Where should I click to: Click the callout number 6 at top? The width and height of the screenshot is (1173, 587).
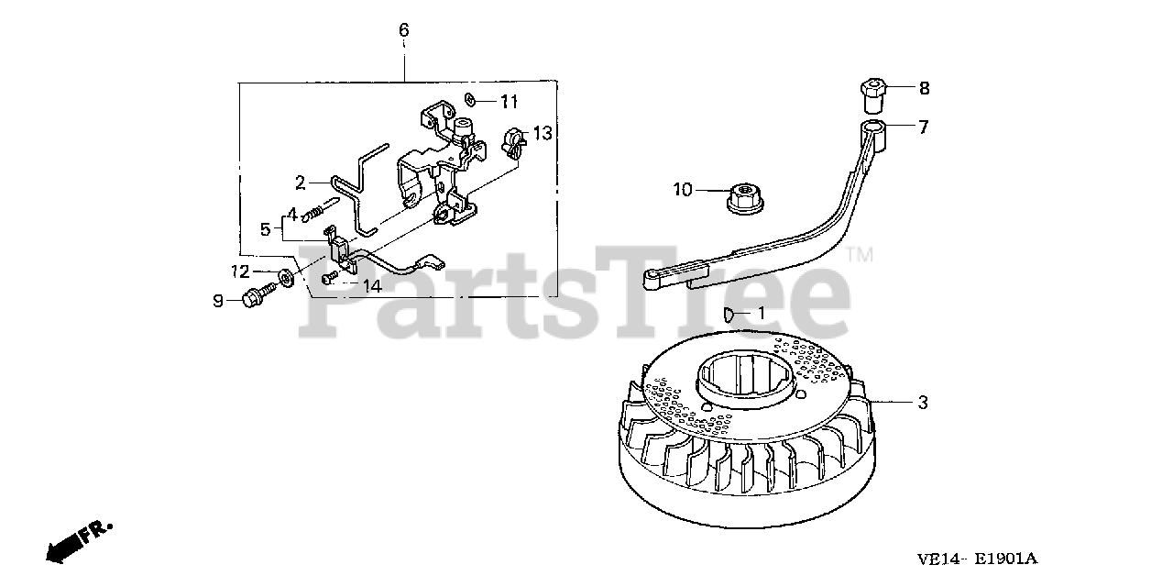pos(403,30)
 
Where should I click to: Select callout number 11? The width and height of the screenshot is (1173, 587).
pos(510,101)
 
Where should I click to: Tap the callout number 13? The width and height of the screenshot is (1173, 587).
pos(543,134)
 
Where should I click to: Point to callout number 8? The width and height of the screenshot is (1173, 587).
pos(924,88)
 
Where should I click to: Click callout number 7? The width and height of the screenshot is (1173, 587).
pos(923,127)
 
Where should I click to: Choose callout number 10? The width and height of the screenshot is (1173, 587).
pos(682,191)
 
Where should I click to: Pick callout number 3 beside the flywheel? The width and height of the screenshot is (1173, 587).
pos(923,402)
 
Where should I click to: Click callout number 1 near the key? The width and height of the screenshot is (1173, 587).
pos(759,314)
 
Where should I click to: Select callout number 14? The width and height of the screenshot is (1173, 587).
pos(370,285)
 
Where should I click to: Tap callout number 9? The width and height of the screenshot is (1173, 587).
pos(218,301)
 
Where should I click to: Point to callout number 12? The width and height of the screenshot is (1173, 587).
pos(240,271)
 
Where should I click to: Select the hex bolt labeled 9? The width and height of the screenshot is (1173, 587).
pos(258,295)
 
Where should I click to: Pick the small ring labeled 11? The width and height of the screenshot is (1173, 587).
pos(469,98)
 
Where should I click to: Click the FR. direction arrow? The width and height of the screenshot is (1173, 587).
pos(78,541)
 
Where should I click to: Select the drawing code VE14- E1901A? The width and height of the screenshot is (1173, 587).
pos(980,557)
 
